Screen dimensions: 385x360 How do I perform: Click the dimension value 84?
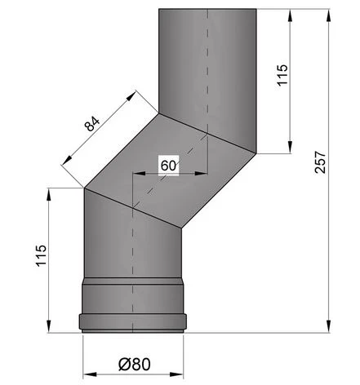(92, 125)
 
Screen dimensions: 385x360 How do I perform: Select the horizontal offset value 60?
(169, 164)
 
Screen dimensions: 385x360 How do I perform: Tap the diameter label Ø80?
(134, 363)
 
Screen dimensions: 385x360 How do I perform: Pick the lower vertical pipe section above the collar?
(131, 245)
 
